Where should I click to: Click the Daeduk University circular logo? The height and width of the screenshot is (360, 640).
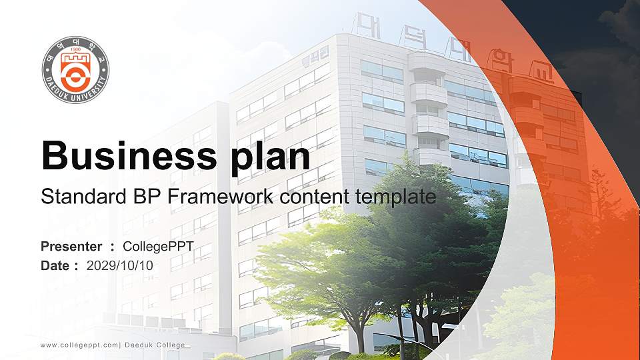coord(75,70)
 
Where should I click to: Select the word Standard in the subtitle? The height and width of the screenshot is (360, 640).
coord(78,197)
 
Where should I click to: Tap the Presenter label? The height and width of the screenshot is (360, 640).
coord(71,247)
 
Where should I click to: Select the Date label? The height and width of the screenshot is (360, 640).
coord(55,265)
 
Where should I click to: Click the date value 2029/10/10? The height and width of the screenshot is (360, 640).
coord(120,265)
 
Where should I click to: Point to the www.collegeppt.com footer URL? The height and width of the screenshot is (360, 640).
coord(79,345)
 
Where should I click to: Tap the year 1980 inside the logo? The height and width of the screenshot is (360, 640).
coord(75,49)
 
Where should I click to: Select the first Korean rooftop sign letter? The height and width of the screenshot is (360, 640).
coord(366,25)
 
